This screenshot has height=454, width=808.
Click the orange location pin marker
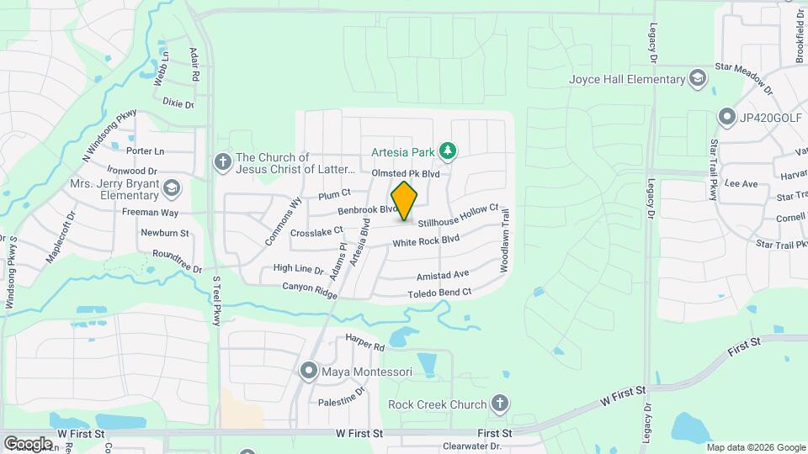tap(405, 201)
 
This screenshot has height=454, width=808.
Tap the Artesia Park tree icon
tap(449, 151)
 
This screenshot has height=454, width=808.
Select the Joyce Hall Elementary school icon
tap(697, 79)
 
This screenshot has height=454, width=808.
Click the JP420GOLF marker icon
tap(726, 116)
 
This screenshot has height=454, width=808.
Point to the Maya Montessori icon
tap(309, 370)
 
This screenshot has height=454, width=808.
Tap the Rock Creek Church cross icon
tap(501, 404)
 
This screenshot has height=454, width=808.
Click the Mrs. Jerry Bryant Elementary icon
tap(173, 187)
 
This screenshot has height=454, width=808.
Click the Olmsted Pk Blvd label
tap(406, 173)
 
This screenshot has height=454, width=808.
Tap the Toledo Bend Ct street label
tap(439, 293)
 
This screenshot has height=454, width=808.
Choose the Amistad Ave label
tap(443, 276)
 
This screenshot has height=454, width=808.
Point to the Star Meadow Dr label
tap(743, 71)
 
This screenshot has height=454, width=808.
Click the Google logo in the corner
tap(28, 443)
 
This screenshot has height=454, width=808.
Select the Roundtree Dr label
tap(178, 261)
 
